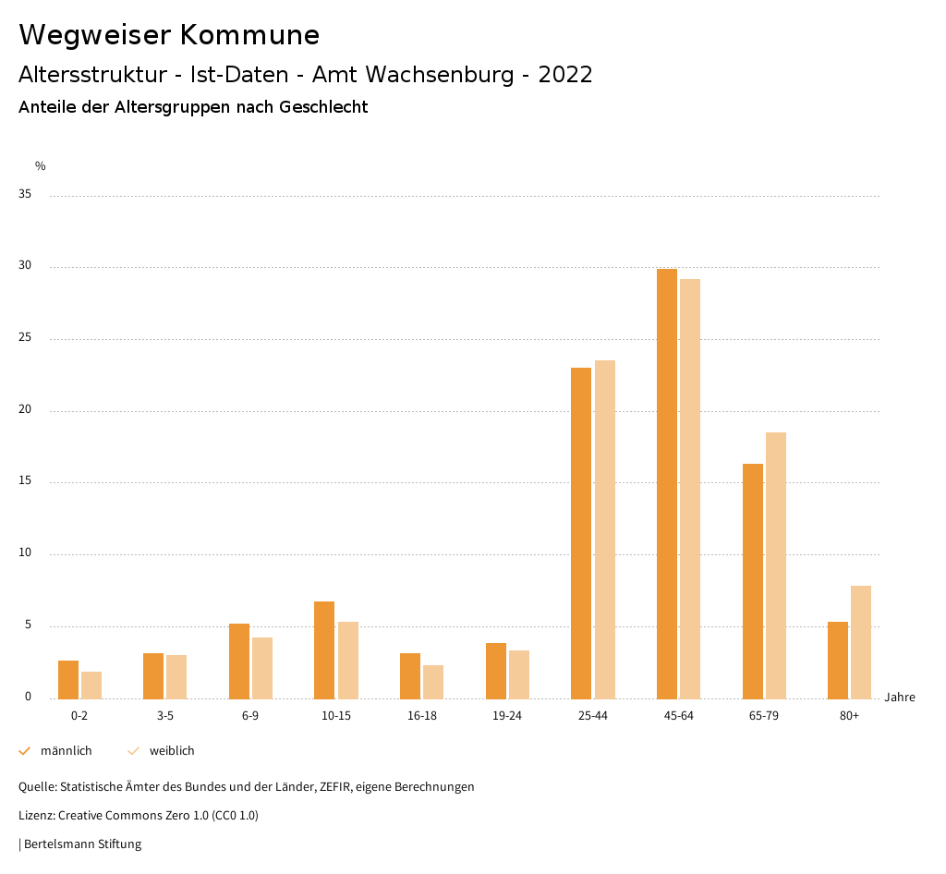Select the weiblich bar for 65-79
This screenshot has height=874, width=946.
pyautogui.click(x=776, y=565)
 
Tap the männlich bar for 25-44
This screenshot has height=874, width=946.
pyautogui.click(x=581, y=533)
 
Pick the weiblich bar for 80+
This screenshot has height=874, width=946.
pyautogui.click(x=861, y=642)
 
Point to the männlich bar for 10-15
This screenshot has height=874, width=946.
pyautogui.click(x=324, y=649)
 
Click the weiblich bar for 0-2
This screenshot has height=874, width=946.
pyautogui.click(x=91, y=685)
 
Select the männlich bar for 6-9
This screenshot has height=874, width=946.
pyautogui.click(x=239, y=661)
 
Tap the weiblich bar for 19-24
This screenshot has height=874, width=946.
pyautogui.click(x=519, y=674)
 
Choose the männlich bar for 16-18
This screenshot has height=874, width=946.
pyautogui.click(x=410, y=675)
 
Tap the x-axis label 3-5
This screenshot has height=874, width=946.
pyautogui.click(x=164, y=716)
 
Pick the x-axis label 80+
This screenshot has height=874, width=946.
pyautogui.click(x=849, y=716)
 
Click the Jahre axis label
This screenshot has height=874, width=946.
pyautogui.click(x=900, y=698)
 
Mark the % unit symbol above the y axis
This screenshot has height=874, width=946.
pyautogui.click(x=40, y=166)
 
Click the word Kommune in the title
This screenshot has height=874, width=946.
pyautogui.click(x=249, y=35)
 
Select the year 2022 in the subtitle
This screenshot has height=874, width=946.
pyautogui.click(x=565, y=75)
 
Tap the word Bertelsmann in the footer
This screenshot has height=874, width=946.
pyautogui.click(x=58, y=844)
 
